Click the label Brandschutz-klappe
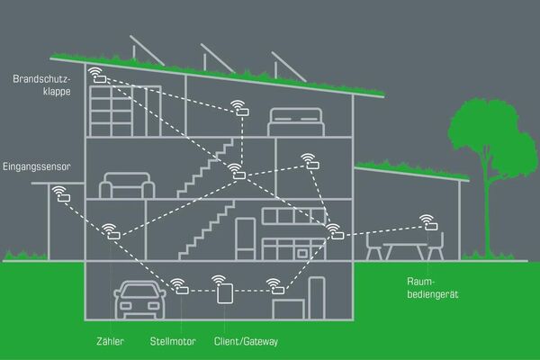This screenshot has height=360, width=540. pyautogui.click(x=41, y=85)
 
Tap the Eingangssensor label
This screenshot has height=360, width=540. pyautogui.click(x=37, y=166)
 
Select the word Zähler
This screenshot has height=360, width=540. pyautogui.click(x=110, y=341)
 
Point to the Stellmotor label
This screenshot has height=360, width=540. pyautogui.click(x=173, y=341)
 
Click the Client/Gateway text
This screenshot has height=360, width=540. pyautogui.click(x=246, y=341)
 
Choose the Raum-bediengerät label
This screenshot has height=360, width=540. pyautogui.click(x=433, y=288)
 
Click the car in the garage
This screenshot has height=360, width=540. pyautogui.click(x=139, y=300)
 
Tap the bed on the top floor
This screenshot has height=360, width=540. pyautogui.click(x=296, y=122)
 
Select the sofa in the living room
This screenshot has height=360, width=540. pyautogui.click(x=127, y=185)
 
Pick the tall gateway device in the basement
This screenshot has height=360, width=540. pyautogui.click(x=225, y=293)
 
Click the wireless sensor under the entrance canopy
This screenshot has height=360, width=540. pyautogui.click(x=61, y=194)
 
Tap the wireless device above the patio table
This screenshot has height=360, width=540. pyautogui.click(x=428, y=222)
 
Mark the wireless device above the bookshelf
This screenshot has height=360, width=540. pyautogui.click(x=97, y=75)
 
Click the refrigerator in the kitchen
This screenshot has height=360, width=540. pyautogui.click(x=246, y=238)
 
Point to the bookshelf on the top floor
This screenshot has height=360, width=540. pyautogui.click(x=125, y=111)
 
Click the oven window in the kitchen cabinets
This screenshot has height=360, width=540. pyautogui.click(x=302, y=254)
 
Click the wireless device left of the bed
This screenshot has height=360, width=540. pyautogui.click(x=240, y=108)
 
